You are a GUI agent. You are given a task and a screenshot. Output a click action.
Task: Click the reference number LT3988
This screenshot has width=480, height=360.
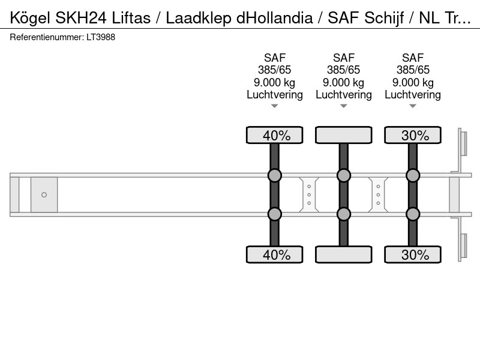(x=101, y=37)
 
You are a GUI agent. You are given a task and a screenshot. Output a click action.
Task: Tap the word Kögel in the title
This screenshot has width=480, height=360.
(x=29, y=19)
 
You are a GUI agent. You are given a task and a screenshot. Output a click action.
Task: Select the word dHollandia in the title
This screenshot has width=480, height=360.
(x=275, y=18)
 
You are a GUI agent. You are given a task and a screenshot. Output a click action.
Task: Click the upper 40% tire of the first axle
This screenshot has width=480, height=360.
(x=275, y=135)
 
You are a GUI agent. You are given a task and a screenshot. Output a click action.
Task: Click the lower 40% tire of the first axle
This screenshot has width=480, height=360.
(x=275, y=254)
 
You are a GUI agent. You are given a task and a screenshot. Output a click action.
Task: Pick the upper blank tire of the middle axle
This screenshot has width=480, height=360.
(x=343, y=135)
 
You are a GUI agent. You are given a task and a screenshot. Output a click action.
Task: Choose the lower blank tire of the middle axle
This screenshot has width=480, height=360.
(x=343, y=254)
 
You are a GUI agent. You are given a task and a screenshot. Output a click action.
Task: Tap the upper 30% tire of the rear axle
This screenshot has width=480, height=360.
(x=413, y=135)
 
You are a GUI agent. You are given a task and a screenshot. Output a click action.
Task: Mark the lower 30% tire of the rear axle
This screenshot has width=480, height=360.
(x=413, y=254)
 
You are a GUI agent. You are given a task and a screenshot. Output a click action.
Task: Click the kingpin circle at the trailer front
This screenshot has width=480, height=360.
(x=44, y=194)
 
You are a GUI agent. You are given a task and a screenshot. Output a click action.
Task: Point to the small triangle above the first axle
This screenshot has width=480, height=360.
(x=275, y=106)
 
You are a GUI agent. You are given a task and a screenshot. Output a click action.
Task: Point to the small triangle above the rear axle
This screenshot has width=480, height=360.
(x=413, y=106)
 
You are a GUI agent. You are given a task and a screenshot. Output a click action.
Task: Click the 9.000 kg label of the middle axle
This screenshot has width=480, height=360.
(x=343, y=83)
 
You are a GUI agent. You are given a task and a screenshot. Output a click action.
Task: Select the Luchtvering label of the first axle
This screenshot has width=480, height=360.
(x=275, y=95)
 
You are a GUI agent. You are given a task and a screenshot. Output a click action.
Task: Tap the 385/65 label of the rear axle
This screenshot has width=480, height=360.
(x=413, y=70)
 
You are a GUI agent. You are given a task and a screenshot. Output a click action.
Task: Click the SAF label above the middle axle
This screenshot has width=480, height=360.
(x=343, y=58)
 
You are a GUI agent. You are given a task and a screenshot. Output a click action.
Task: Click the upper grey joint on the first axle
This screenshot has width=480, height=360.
(x=275, y=176)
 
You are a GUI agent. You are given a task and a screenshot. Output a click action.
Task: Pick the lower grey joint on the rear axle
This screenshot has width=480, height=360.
(x=413, y=214)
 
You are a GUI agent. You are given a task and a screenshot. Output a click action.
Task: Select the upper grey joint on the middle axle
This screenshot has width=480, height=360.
(x=343, y=176)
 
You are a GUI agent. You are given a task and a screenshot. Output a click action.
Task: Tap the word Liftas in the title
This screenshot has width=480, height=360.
(x=131, y=18)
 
